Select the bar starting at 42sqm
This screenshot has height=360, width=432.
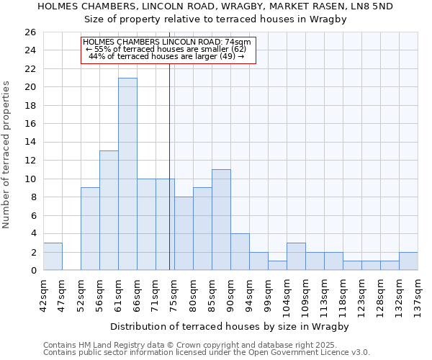pos(53,256)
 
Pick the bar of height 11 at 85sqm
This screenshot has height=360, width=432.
pos(221,220)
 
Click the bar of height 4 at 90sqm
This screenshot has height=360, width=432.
pos(240,251)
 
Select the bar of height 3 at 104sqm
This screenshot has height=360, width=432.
pos(296,256)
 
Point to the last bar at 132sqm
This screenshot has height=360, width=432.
pos(408,261)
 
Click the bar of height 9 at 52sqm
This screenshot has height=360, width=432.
pos(90,229)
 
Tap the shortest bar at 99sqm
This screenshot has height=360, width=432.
pos(277,265)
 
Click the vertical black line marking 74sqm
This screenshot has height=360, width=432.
pos(169,166)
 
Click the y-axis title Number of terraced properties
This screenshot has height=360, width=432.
pos(7,154)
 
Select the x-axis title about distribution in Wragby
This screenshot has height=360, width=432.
pos(230,326)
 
